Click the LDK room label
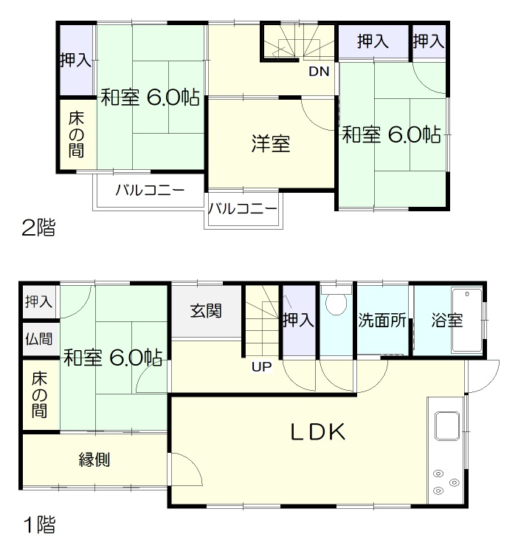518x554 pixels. [317, 432]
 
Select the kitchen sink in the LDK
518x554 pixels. [447, 425]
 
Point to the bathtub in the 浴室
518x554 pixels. [467, 320]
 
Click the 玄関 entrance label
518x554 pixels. [206, 311]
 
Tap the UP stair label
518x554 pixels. [261, 366]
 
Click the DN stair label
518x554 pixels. [319, 72]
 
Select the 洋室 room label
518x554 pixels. [271, 144]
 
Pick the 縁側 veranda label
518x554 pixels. [94, 459]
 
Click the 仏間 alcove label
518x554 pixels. [39, 339]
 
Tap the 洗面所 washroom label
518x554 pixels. [381, 320]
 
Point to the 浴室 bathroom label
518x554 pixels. [447, 320]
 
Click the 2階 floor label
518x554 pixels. [38, 228]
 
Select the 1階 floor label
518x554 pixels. [40, 524]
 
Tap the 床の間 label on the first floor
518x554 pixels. [39, 395]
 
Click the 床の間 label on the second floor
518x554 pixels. [76, 134]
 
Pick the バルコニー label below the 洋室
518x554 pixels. [243, 209]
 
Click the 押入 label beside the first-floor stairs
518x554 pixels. [299, 320]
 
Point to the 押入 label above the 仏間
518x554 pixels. [39, 301]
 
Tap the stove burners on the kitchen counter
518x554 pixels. [446, 482]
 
